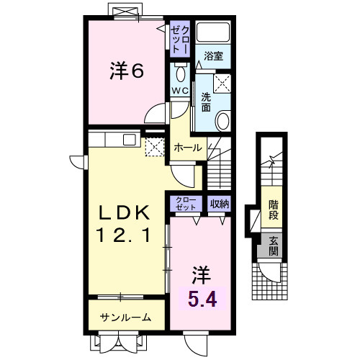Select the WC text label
click(180, 91)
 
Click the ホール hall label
click(187, 146)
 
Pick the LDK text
click(124, 213)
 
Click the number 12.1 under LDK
click(124, 235)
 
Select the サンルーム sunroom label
click(125, 317)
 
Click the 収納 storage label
click(219, 204)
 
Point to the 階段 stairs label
click(273, 209)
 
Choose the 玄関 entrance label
click(273, 247)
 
